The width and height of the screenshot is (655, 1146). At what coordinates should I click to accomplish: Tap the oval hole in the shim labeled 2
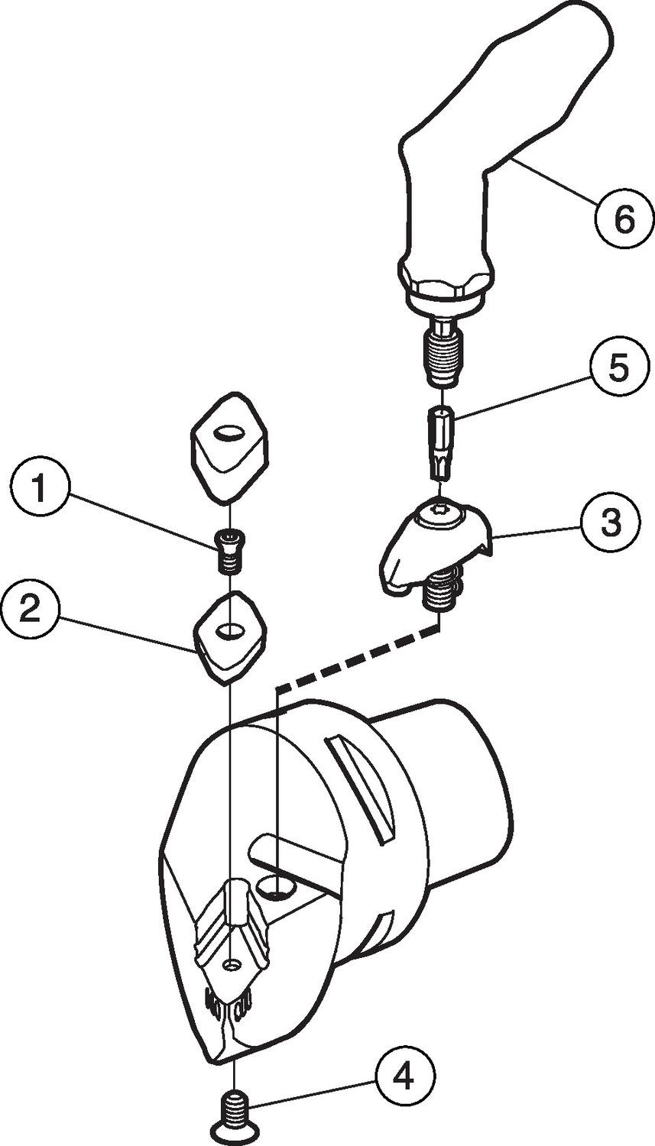coord(228,631)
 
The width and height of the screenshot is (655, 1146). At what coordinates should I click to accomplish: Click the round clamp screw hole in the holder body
coord(275,886)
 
